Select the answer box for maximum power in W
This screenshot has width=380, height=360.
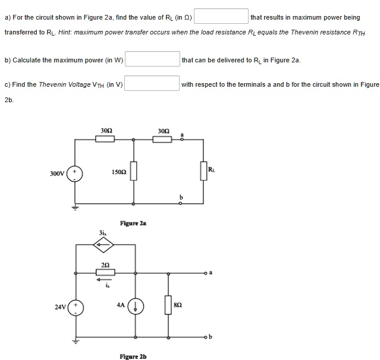point(152,59)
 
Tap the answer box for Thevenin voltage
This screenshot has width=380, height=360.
point(152,83)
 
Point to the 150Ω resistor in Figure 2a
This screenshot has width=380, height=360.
point(133,172)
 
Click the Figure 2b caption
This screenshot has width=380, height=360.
point(133,356)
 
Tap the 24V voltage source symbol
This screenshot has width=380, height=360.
point(76,307)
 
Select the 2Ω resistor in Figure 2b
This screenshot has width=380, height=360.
point(105,273)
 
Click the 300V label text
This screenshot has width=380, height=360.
point(56,173)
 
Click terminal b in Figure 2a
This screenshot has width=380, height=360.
point(181,203)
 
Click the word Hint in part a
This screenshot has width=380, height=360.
point(65,31)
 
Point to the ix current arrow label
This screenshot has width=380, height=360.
point(107,286)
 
